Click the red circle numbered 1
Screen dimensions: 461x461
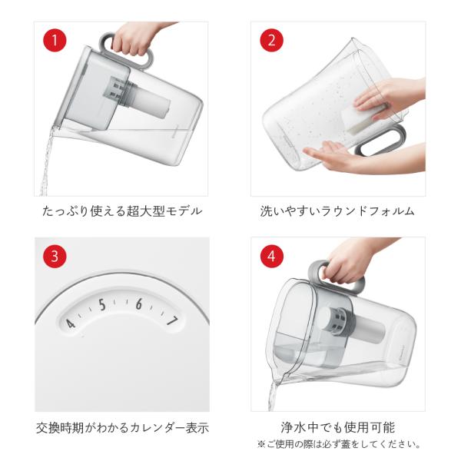tap(55, 40)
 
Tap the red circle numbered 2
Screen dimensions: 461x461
tap(271, 40)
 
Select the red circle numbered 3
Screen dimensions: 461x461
tap(55, 256)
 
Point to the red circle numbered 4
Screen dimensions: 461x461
tap(271, 256)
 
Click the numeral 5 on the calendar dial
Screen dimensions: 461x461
tap(102, 305)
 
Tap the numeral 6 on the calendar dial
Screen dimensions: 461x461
tap(139, 304)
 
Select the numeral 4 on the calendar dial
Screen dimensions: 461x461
tap(70, 323)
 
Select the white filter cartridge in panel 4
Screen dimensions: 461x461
tap(367, 329)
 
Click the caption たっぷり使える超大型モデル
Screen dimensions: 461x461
tap(122, 211)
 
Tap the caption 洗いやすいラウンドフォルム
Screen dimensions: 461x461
tap(337, 211)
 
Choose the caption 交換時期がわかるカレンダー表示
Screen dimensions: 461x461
tap(122, 428)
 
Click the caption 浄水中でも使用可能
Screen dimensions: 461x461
tap(338, 427)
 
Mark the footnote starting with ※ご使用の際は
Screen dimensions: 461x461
tap(338, 444)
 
